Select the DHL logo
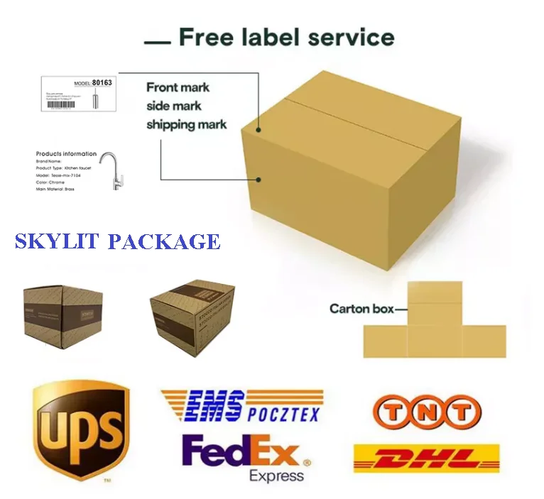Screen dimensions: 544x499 [425, 459]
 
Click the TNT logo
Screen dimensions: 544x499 [427, 412]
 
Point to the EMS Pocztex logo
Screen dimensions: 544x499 [241, 406]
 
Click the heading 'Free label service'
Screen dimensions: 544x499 [285, 37]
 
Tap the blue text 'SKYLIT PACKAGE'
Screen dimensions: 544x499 [117, 241]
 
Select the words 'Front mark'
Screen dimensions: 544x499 [178, 87]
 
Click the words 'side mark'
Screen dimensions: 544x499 [174, 106]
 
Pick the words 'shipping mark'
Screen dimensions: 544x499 [186, 125]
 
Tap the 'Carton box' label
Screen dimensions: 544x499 [359, 309]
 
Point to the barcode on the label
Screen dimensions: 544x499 [61, 104]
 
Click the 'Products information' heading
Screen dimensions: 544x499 [66, 153]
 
